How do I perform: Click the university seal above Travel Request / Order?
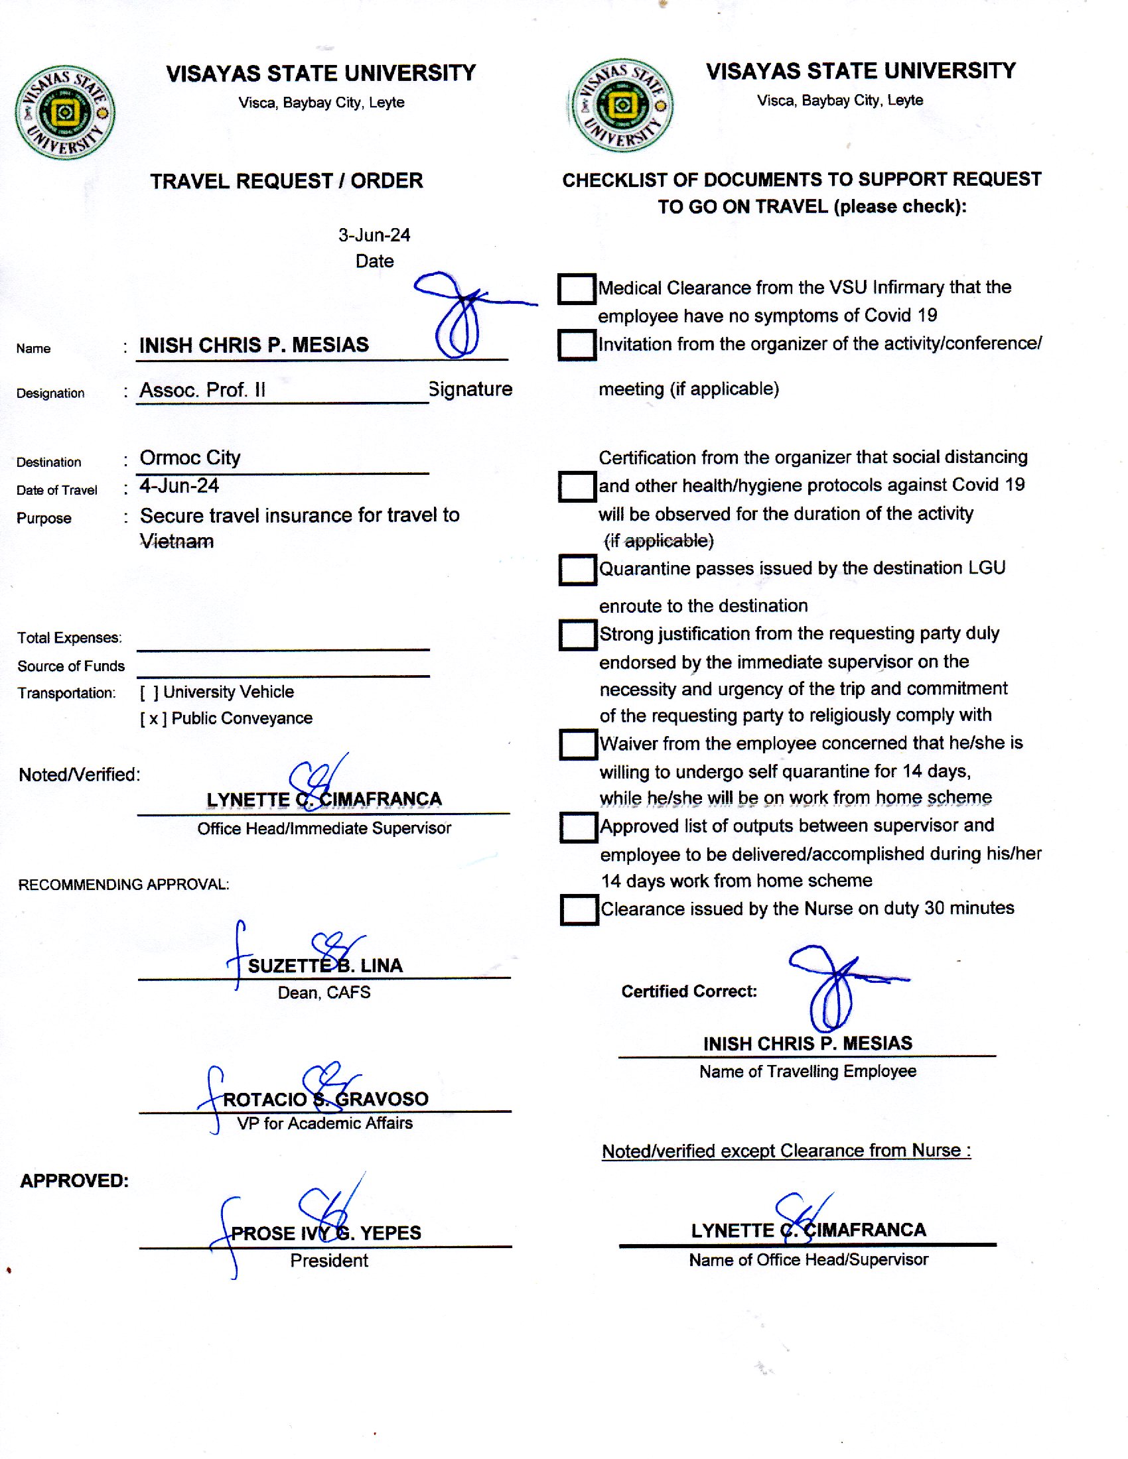pos(65,112)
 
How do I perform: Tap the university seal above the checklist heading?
pos(622,105)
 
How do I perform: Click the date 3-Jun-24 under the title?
pos(374,235)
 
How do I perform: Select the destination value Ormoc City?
pos(190,458)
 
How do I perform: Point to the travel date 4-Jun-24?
pos(179,485)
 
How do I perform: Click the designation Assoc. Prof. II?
pos(202,390)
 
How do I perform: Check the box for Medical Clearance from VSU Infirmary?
pos(576,289)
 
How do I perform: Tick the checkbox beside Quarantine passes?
pos(577,570)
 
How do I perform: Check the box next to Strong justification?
pos(577,635)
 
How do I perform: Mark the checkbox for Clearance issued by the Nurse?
pos(579,910)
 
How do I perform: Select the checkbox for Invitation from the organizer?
pos(577,345)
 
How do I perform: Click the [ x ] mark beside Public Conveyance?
pos(153,719)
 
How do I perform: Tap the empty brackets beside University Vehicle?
pos(149,692)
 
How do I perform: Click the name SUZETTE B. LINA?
pos(324,966)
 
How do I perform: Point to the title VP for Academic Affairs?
pos(324,1123)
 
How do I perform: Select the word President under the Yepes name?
pos(328,1261)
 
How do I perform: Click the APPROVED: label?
pos(74,1181)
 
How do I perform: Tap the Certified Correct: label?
pos(689,991)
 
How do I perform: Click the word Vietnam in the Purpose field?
pos(176,541)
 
